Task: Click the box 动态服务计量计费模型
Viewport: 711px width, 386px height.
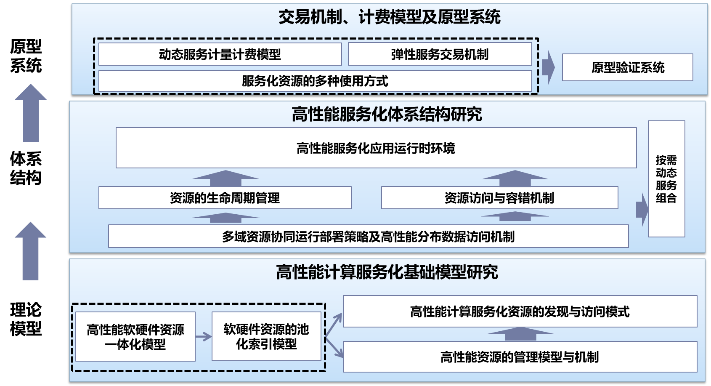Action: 220,54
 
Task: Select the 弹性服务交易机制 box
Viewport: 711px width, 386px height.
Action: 440,54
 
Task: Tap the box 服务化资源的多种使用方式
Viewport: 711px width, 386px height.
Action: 315,81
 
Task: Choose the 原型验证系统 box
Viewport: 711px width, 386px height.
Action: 627,67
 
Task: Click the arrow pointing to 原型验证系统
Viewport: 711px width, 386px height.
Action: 548,67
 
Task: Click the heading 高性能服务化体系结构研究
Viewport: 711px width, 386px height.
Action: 387,114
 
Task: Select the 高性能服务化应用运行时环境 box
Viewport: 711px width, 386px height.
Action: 376,148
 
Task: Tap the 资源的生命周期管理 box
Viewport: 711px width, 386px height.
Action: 225,198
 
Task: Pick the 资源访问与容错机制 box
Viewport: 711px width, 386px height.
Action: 499,198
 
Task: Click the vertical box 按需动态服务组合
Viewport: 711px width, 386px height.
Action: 666,179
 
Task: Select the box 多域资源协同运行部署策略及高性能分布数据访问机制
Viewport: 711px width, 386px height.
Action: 368,237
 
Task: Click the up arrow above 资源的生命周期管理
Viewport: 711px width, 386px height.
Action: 226,178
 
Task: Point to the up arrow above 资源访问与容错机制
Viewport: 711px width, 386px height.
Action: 515,178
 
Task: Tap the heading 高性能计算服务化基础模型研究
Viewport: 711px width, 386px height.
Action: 387,272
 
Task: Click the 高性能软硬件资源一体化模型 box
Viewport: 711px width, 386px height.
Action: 135,337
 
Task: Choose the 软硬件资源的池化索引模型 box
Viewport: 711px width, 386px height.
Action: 266,337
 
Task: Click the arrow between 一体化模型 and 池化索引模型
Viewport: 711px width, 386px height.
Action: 204,337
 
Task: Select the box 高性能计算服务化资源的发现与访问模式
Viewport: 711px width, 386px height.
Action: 520,311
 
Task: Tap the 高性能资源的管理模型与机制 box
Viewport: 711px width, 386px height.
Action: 520,357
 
